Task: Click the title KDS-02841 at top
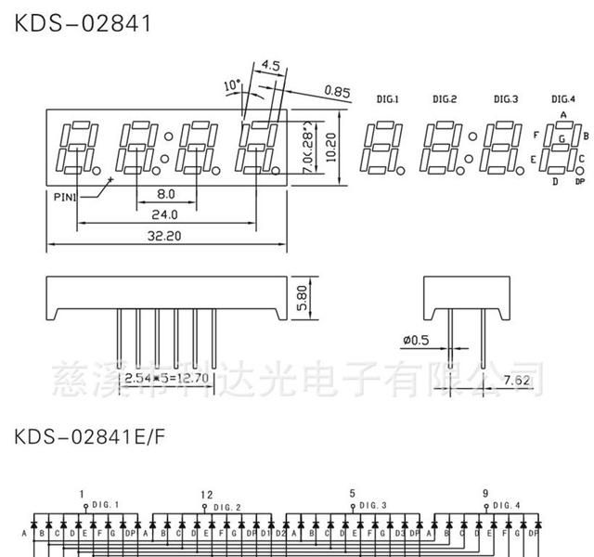coord(83,22)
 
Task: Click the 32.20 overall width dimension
coord(165,236)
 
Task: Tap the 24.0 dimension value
coord(165,214)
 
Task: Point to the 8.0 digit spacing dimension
coord(165,193)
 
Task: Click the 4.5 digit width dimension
coord(271,66)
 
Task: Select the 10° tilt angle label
coord(232,85)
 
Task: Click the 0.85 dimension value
coord(337,90)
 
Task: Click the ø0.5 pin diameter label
coord(416,341)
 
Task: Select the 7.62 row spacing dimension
coord(518,381)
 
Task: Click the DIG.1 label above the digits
coord(387,98)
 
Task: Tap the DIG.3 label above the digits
coord(506,98)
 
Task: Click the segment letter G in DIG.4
coord(562,138)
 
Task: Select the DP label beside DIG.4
coord(580,182)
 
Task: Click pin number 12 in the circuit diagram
coord(206,494)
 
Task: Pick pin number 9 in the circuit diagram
coord(484,494)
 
